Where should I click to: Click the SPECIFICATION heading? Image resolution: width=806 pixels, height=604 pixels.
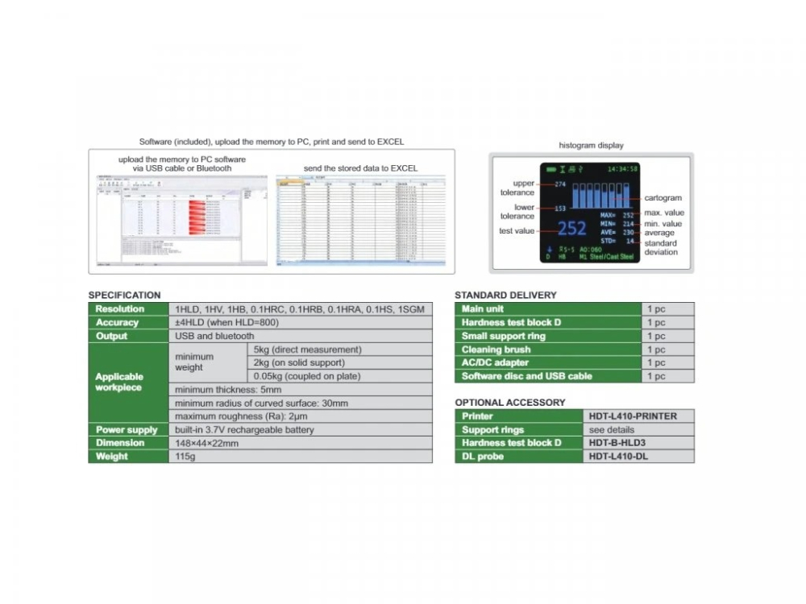click(x=124, y=295)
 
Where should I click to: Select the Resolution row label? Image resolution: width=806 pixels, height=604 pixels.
click(x=120, y=309)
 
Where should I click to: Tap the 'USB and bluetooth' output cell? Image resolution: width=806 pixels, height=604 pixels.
click(x=214, y=336)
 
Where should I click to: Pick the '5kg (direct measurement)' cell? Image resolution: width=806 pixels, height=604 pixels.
click(x=307, y=350)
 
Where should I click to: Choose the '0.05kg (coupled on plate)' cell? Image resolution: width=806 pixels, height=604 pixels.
click(x=307, y=376)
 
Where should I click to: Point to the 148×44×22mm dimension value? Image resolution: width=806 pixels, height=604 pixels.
click(x=206, y=443)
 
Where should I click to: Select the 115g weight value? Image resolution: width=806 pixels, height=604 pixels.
click(x=186, y=457)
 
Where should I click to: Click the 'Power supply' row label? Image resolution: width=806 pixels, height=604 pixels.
click(x=127, y=430)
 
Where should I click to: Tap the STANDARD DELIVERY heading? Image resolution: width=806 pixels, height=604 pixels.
click(x=505, y=295)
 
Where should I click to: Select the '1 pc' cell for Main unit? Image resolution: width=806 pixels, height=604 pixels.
click(x=656, y=309)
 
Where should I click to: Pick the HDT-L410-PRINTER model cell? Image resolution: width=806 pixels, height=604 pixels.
click(x=633, y=416)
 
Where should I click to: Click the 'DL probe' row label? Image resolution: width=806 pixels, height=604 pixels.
click(x=483, y=457)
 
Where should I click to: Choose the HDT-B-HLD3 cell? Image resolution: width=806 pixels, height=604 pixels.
click(x=618, y=443)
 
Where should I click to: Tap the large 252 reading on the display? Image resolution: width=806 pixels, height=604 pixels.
click(x=572, y=229)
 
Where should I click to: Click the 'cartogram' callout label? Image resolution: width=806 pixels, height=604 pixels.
click(x=663, y=198)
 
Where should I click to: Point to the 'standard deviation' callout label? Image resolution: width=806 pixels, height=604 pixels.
click(x=661, y=247)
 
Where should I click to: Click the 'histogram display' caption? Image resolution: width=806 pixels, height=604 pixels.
click(x=591, y=145)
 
